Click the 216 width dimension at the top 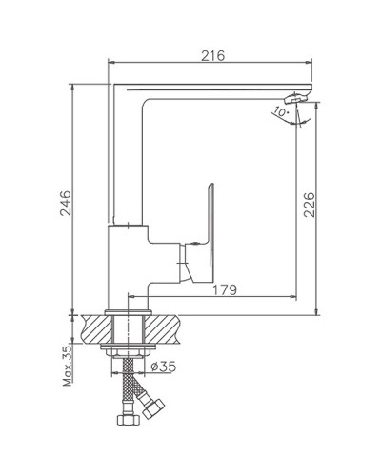point(212,56)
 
